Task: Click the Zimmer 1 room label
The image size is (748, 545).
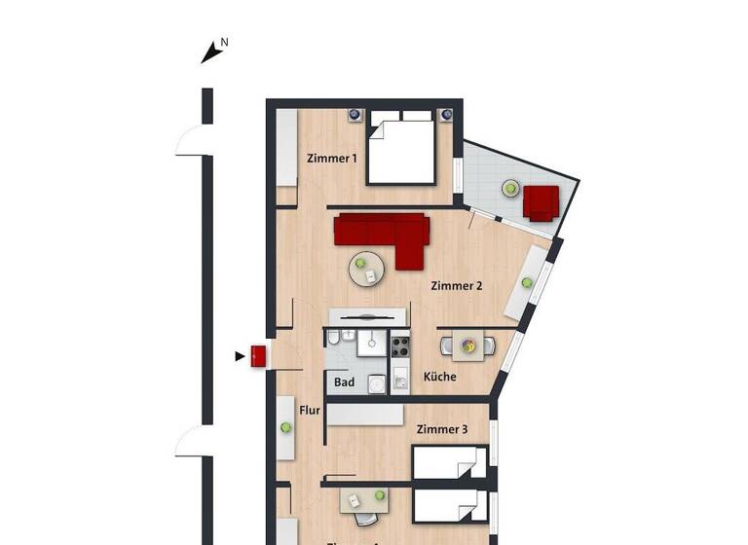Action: click(x=332, y=158)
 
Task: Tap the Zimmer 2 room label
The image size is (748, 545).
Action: click(x=457, y=286)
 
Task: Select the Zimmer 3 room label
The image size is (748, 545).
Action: click(x=442, y=429)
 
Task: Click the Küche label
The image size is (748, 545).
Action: click(x=439, y=377)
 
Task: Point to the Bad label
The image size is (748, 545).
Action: click(x=344, y=382)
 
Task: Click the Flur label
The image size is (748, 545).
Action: click(x=309, y=411)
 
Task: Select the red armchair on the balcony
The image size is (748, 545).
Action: click(x=541, y=202)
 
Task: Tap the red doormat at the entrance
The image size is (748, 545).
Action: click(x=259, y=356)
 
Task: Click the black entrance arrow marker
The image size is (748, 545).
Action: click(x=240, y=356)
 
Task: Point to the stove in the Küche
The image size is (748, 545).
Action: click(x=400, y=345)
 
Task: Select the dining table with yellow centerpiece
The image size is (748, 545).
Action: click(x=468, y=345)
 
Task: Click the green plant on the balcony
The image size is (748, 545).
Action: click(x=509, y=188)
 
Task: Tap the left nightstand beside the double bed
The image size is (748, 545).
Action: click(x=355, y=116)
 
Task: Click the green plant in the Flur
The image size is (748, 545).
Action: click(x=285, y=426)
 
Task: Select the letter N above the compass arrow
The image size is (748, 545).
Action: click(x=224, y=42)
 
